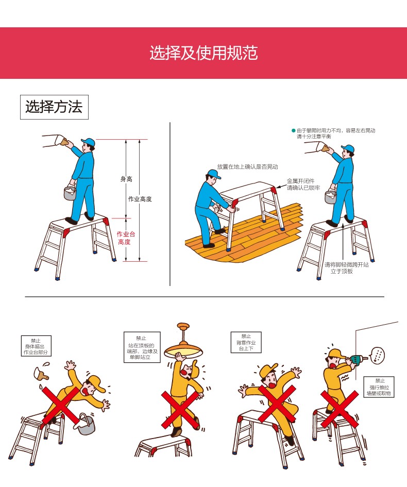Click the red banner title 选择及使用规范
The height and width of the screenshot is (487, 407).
203,53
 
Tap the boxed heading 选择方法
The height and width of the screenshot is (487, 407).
54,107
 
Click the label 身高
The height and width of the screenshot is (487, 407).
126,179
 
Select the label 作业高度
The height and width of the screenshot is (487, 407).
140,199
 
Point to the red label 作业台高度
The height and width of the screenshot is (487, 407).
125,238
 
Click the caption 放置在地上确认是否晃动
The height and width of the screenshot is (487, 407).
247,167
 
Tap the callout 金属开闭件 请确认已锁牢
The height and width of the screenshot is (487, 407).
303,184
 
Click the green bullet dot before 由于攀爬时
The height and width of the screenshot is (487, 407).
293,130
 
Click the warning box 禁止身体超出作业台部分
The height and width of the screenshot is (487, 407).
36,346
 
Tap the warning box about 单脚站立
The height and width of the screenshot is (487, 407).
142,347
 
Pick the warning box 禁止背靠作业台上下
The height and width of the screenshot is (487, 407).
246,342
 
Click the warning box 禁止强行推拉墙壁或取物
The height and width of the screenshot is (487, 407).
379,387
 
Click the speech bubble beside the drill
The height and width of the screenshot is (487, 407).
378,355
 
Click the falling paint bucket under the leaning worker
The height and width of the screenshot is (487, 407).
85,424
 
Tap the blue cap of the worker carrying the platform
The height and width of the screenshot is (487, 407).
214,174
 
